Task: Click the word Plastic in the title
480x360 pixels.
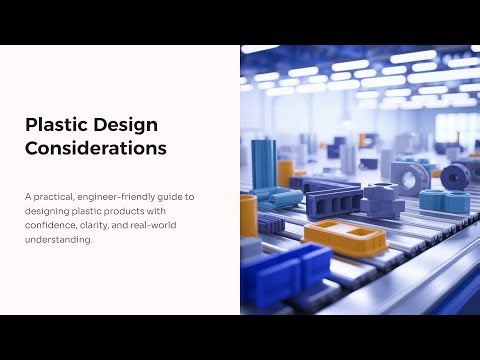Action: pos(55,125)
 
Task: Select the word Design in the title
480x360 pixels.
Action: pos(125,125)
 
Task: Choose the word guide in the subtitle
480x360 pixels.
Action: pos(181,197)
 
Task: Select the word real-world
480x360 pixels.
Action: pos(167,226)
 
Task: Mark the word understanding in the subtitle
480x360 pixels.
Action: pos(62,240)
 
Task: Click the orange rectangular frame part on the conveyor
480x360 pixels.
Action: pos(344,237)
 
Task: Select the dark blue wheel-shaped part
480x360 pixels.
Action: pos(456,176)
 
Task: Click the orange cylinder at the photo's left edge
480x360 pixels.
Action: pos(248,214)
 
